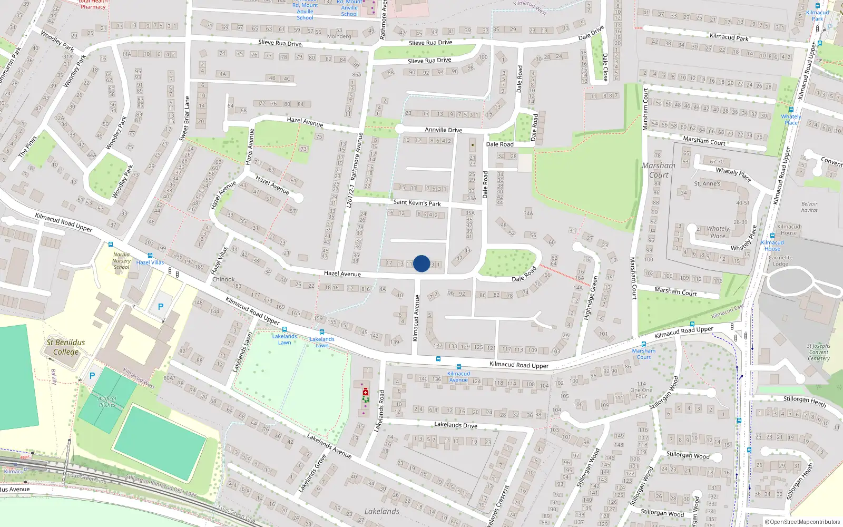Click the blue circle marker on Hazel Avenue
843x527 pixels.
[421, 263]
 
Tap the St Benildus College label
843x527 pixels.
[66, 347]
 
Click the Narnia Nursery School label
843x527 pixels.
[122, 261]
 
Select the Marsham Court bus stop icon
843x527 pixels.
[643, 344]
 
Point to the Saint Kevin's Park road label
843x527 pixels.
[417, 202]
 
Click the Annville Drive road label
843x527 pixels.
[444, 130]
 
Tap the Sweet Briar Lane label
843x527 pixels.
[184, 119]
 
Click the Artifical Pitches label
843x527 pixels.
[107, 402]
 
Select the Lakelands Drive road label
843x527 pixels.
[456, 425]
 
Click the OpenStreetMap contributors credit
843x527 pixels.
[802, 522]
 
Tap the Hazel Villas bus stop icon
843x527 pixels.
[150, 256]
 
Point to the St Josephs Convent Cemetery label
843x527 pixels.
[818, 352]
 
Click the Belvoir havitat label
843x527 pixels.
[809, 207]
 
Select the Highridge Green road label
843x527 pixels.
[591, 298]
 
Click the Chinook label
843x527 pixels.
[223, 279]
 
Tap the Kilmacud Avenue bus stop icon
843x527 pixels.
[459, 367]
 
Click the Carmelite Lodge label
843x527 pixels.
[780, 261]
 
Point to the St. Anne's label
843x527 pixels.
[707, 184]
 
